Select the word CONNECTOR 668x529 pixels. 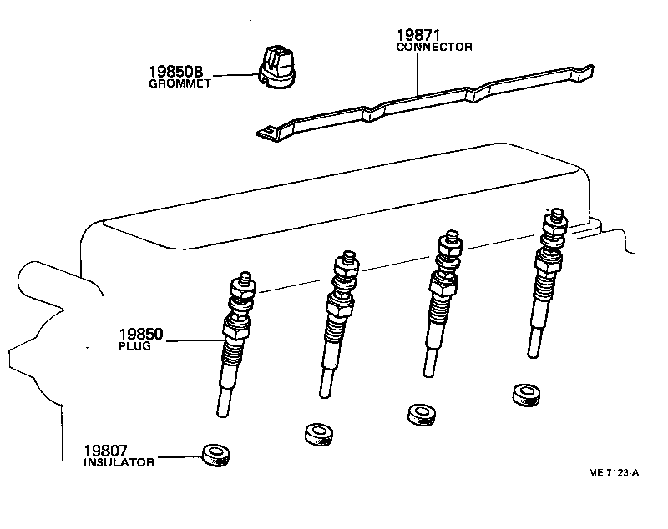coord(433,48)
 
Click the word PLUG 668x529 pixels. coord(134,346)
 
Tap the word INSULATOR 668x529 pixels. coord(119,461)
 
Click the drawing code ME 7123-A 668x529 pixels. coord(614,473)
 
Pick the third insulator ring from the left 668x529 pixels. coord(420,414)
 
